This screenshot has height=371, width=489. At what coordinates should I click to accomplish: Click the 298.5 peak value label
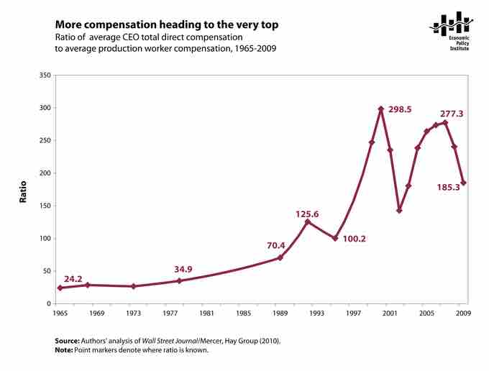[x=403, y=110]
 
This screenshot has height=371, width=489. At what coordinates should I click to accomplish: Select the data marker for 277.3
[x=445, y=122]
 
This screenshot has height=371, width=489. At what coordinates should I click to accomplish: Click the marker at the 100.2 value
[x=335, y=238]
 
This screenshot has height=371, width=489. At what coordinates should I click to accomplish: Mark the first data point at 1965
[x=60, y=288]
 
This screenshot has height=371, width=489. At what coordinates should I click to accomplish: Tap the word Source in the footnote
[x=68, y=341]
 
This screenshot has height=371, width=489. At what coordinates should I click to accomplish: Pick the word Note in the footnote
[x=64, y=350]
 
